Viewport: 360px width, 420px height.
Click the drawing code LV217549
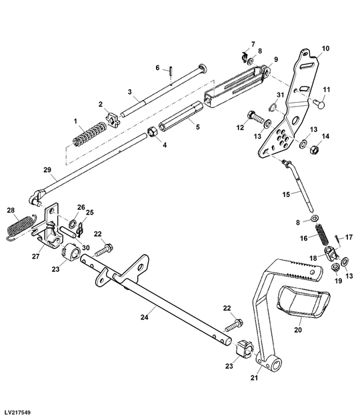pos(19,411)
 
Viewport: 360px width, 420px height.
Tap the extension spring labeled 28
pos(19,226)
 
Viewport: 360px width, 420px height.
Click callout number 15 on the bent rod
pos(285,193)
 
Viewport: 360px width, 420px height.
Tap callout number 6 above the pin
pos(158,67)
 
